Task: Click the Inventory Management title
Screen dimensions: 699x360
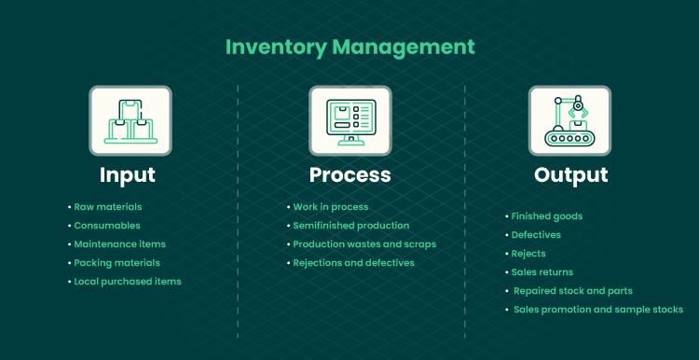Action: click(x=349, y=48)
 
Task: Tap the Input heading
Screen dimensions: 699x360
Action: click(x=128, y=174)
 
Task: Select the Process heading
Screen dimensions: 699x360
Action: click(x=349, y=174)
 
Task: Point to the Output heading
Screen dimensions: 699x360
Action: click(x=570, y=174)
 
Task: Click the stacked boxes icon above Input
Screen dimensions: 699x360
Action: click(x=130, y=121)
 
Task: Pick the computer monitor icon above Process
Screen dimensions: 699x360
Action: click(x=350, y=121)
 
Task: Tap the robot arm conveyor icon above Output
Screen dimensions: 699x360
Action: click(x=569, y=121)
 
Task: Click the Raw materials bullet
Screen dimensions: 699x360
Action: click(x=108, y=207)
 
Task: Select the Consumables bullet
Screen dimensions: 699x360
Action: click(x=107, y=226)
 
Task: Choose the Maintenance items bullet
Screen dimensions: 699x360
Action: click(x=120, y=244)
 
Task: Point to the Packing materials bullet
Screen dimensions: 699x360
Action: click(x=116, y=263)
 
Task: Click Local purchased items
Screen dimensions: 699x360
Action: click(x=128, y=282)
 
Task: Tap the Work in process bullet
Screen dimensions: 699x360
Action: click(x=331, y=207)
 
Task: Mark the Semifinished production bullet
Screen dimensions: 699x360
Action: click(x=350, y=226)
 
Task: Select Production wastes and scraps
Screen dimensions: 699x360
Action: click(x=364, y=244)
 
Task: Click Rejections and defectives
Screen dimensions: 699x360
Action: click(x=353, y=263)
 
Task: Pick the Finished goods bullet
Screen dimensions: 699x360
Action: click(x=547, y=216)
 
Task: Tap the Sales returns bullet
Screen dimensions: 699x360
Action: click(x=542, y=272)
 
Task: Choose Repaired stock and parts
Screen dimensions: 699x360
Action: click(x=573, y=291)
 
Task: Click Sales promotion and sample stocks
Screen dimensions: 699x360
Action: click(x=598, y=310)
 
